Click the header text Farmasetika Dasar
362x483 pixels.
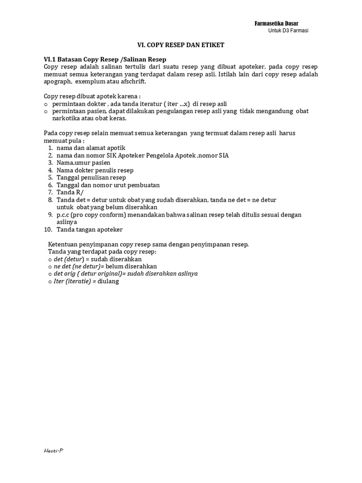[276, 24]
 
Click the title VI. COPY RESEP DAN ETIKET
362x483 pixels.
[181, 45]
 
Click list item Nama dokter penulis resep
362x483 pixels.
[95, 170]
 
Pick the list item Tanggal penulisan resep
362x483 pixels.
[91, 177]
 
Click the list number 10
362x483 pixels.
[48, 229]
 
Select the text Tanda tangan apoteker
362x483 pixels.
[90, 229]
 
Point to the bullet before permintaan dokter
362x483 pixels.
[46, 104]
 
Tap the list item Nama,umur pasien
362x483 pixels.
[83, 163]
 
